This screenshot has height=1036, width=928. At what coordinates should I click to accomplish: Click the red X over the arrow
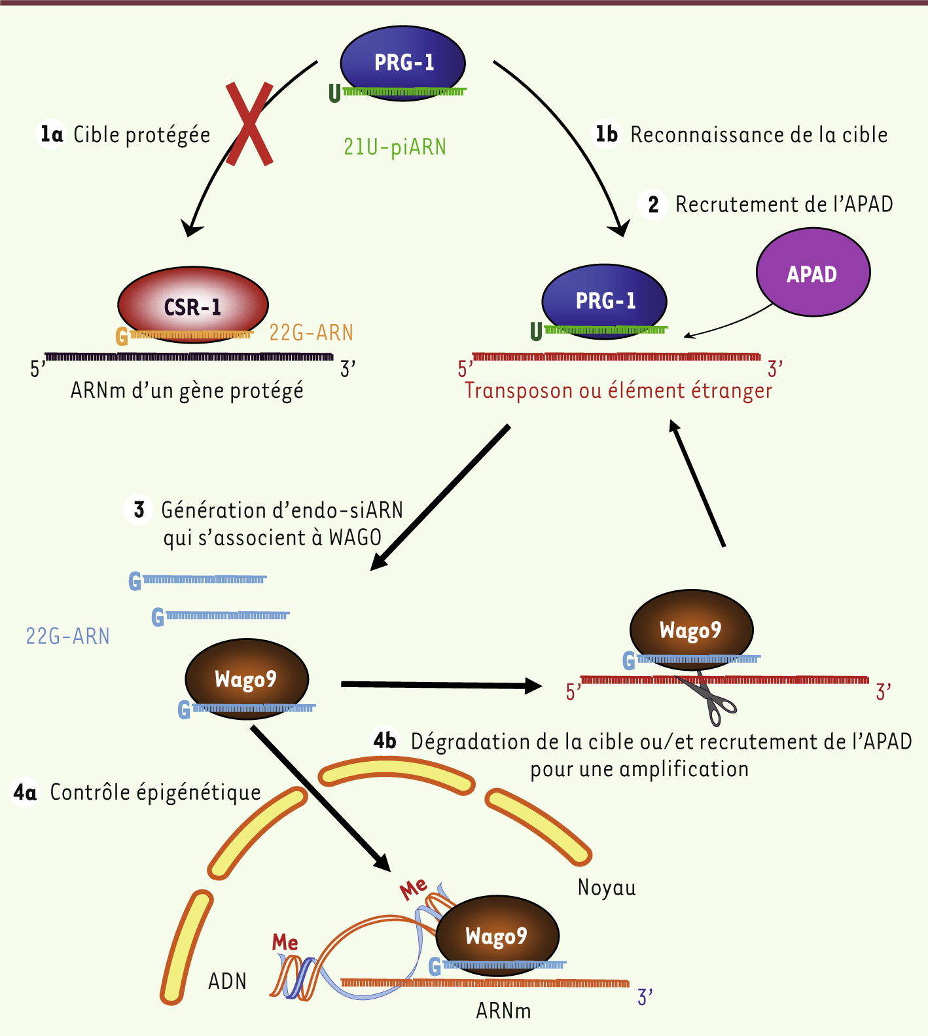tap(249, 124)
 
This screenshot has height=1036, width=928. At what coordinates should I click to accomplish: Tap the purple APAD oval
tap(813, 273)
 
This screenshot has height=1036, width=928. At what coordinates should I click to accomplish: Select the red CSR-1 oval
tap(192, 304)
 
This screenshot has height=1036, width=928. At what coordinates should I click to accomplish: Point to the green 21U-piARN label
tap(395, 147)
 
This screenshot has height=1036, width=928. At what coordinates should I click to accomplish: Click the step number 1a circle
tap(52, 135)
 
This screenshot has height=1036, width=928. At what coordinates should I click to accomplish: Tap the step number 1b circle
tap(606, 135)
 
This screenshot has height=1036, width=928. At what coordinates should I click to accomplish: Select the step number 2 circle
tap(652, 205)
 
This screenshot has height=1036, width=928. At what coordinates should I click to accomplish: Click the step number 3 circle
tap(139, 510)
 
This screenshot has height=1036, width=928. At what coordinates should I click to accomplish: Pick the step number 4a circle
tap(25, 793)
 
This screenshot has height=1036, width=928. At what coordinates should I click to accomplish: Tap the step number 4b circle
tap(385, 741)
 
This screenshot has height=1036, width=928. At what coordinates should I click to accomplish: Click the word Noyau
tap(607, 887)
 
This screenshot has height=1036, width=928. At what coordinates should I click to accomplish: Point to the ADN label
tap(227, 981)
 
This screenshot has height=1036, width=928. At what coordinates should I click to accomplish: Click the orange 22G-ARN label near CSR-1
tap(311, 333)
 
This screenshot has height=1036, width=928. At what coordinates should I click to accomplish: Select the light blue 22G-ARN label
tap(67, 636)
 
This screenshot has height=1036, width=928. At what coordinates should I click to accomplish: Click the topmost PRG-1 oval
tap(403, 62)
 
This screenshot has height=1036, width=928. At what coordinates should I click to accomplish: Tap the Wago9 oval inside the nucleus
tap(497, 935)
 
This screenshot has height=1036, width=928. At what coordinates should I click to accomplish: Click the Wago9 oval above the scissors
tap(691, 629)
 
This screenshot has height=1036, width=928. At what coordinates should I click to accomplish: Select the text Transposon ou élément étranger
tap(618, 391)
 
